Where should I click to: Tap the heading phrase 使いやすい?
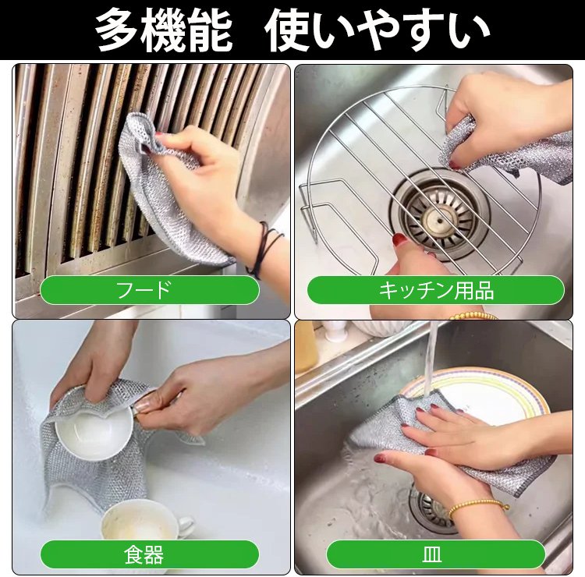[378, 30]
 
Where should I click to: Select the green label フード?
[149, 290]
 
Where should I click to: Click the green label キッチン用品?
[435, 290]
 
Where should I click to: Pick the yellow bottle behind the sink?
[307, 347]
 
